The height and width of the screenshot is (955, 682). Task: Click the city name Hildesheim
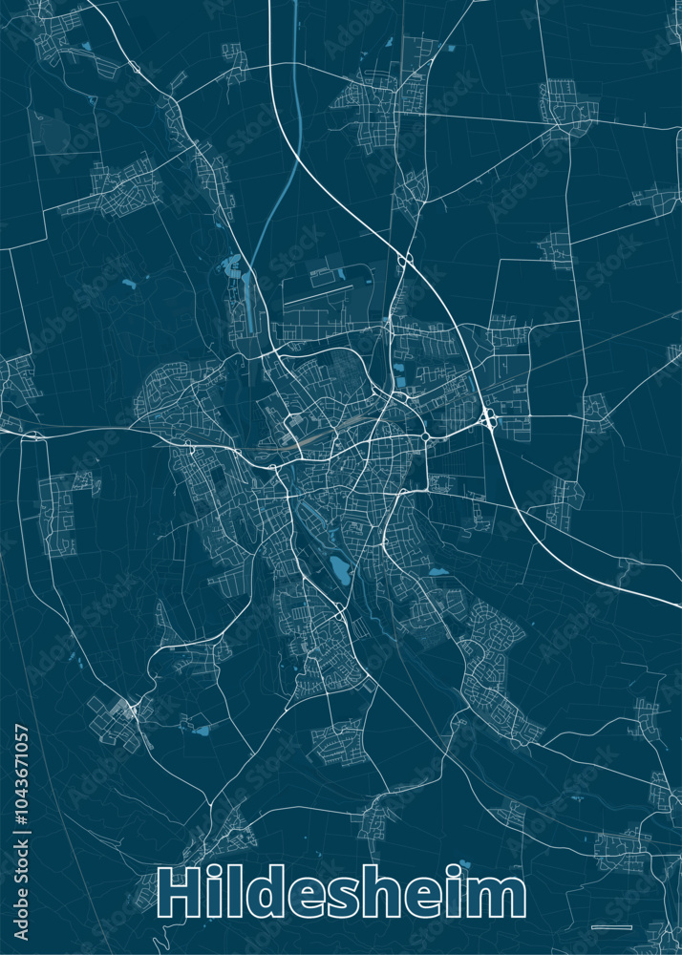point(341,895)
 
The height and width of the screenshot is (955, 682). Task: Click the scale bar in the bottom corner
point(606,926)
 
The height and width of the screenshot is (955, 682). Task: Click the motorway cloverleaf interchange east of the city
point(488,417)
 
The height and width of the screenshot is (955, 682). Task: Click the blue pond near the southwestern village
point(201,732)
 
